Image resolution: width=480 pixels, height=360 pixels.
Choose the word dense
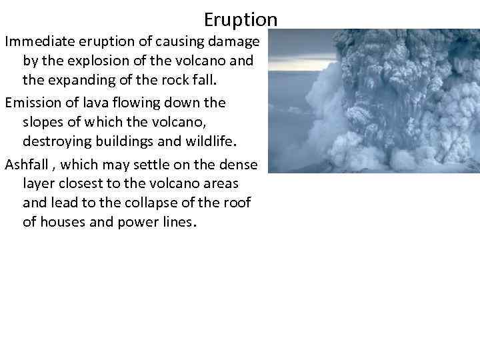pyautogui.click(x=240, y=163)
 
